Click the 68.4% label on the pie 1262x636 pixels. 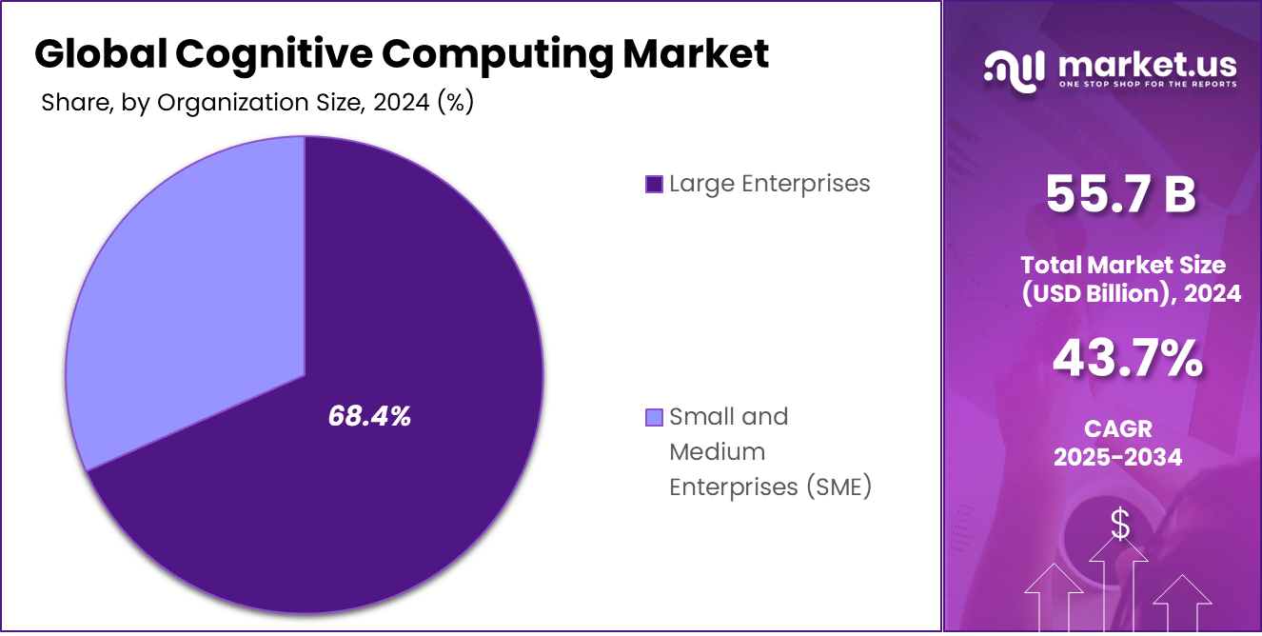click(369, 416)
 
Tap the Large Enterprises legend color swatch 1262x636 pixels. click(654, 184)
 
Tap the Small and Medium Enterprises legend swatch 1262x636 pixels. click(654, 417)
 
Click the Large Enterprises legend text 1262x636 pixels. click(769, 184)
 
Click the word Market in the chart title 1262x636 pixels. click(696, 54)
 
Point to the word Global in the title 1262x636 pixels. click(100, 54)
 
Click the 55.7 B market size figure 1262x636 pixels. click(1120, 194)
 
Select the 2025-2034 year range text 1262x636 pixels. click(1117, 457)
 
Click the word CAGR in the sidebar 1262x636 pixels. click(1117, 429)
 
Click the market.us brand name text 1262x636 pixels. click(1147, 65)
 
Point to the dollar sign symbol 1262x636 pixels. click(1119, 524)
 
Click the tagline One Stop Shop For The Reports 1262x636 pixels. click(1148, 85)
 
